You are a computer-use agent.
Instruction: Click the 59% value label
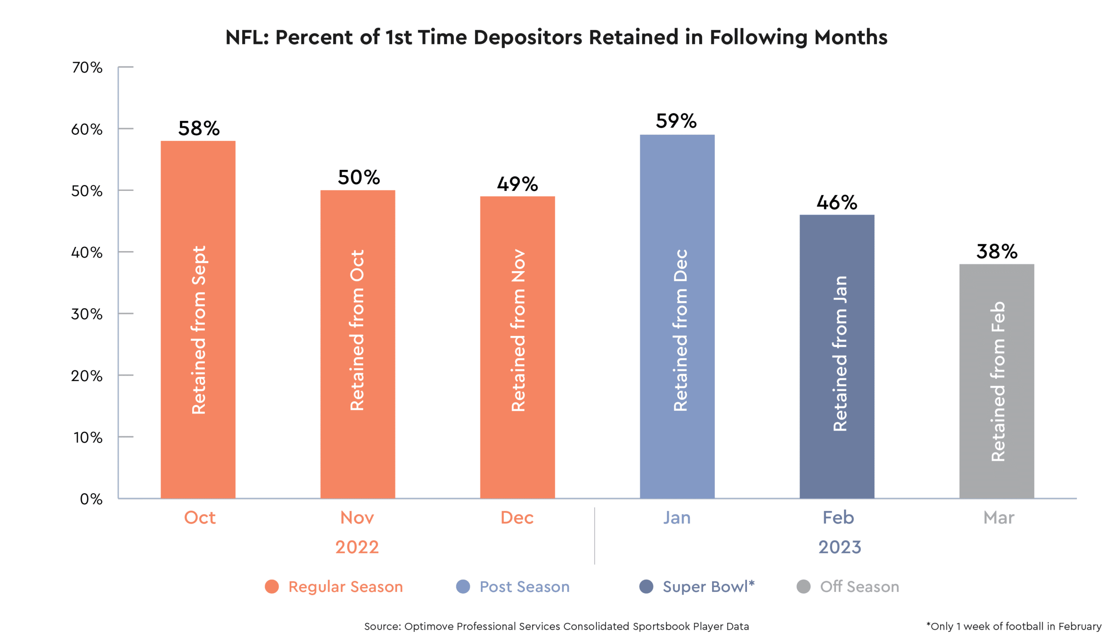tap(676, 121)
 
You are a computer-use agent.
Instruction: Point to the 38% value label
tap(996, 252)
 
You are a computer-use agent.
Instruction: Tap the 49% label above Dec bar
tap(517, 184)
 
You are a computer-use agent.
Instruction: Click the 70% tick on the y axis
tap(87, 67)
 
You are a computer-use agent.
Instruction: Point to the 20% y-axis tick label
tap(87, 376)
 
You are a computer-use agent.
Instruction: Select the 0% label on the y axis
tap(91, 499)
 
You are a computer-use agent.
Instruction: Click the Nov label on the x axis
tap(357, 518)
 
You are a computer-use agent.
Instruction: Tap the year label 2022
tap(357, 547)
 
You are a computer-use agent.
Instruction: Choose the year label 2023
tap(840, 547)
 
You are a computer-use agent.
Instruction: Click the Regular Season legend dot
tap(272, 587)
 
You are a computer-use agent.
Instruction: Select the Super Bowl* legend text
tap(708, 587)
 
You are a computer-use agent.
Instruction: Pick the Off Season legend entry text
tap(859, 587)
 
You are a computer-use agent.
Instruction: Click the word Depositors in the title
tap(528, 38)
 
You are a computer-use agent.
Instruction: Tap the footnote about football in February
tap(1013, 627)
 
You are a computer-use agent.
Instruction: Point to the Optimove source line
tap(556, 627)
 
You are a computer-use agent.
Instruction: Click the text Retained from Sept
tap(199, 329)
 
